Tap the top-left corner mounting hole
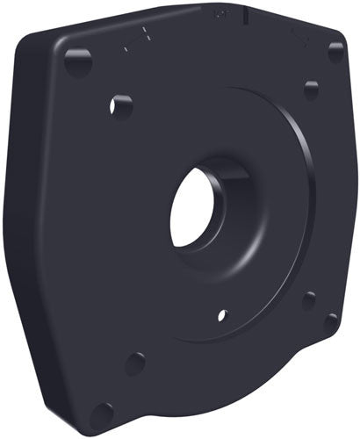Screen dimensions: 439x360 pos(77,61)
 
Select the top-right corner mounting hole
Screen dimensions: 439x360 pos(335,53)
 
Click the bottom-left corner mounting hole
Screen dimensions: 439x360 pos(103,414)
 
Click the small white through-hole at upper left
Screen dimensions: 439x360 pos(120,107)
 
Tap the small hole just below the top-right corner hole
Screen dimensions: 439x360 pos(311,90)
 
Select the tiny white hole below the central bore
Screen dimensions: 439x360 pos(222,313)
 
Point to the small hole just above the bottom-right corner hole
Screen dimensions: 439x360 pos(309,300)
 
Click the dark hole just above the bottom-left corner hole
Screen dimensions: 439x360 pos(134,363)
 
